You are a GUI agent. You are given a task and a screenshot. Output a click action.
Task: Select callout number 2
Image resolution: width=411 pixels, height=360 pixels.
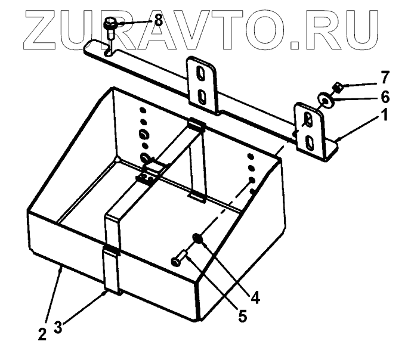click(42, 334)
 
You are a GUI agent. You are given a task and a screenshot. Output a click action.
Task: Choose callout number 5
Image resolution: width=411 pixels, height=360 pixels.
click(242, 315)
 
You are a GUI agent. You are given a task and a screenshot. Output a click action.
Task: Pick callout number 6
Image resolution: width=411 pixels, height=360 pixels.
click(385, 95)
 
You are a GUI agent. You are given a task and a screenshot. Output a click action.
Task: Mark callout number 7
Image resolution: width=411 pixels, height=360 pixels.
click(385, 77)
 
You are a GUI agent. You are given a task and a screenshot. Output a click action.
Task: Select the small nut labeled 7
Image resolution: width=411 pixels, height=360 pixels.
click(336, 88)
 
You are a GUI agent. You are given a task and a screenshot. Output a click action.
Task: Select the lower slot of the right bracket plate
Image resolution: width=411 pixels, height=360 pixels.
click(310, 142)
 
